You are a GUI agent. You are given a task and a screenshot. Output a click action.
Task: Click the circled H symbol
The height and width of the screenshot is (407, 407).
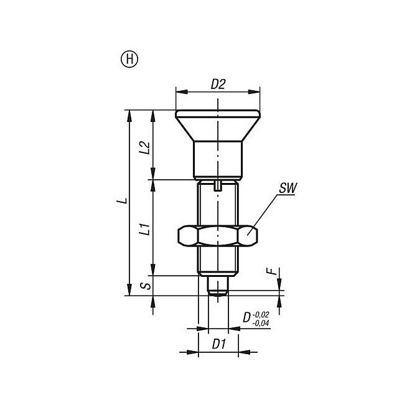(129, 59)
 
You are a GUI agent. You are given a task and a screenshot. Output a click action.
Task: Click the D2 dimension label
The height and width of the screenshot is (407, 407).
(218, 85)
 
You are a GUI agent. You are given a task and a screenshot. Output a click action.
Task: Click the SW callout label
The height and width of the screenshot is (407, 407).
(288, 188)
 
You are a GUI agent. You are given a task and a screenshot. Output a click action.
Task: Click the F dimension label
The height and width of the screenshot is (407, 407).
(271, 271)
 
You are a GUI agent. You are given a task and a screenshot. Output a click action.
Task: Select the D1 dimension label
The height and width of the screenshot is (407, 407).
(219, 344)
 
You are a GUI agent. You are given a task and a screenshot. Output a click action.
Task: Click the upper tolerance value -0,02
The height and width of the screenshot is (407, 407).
(261, 315)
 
